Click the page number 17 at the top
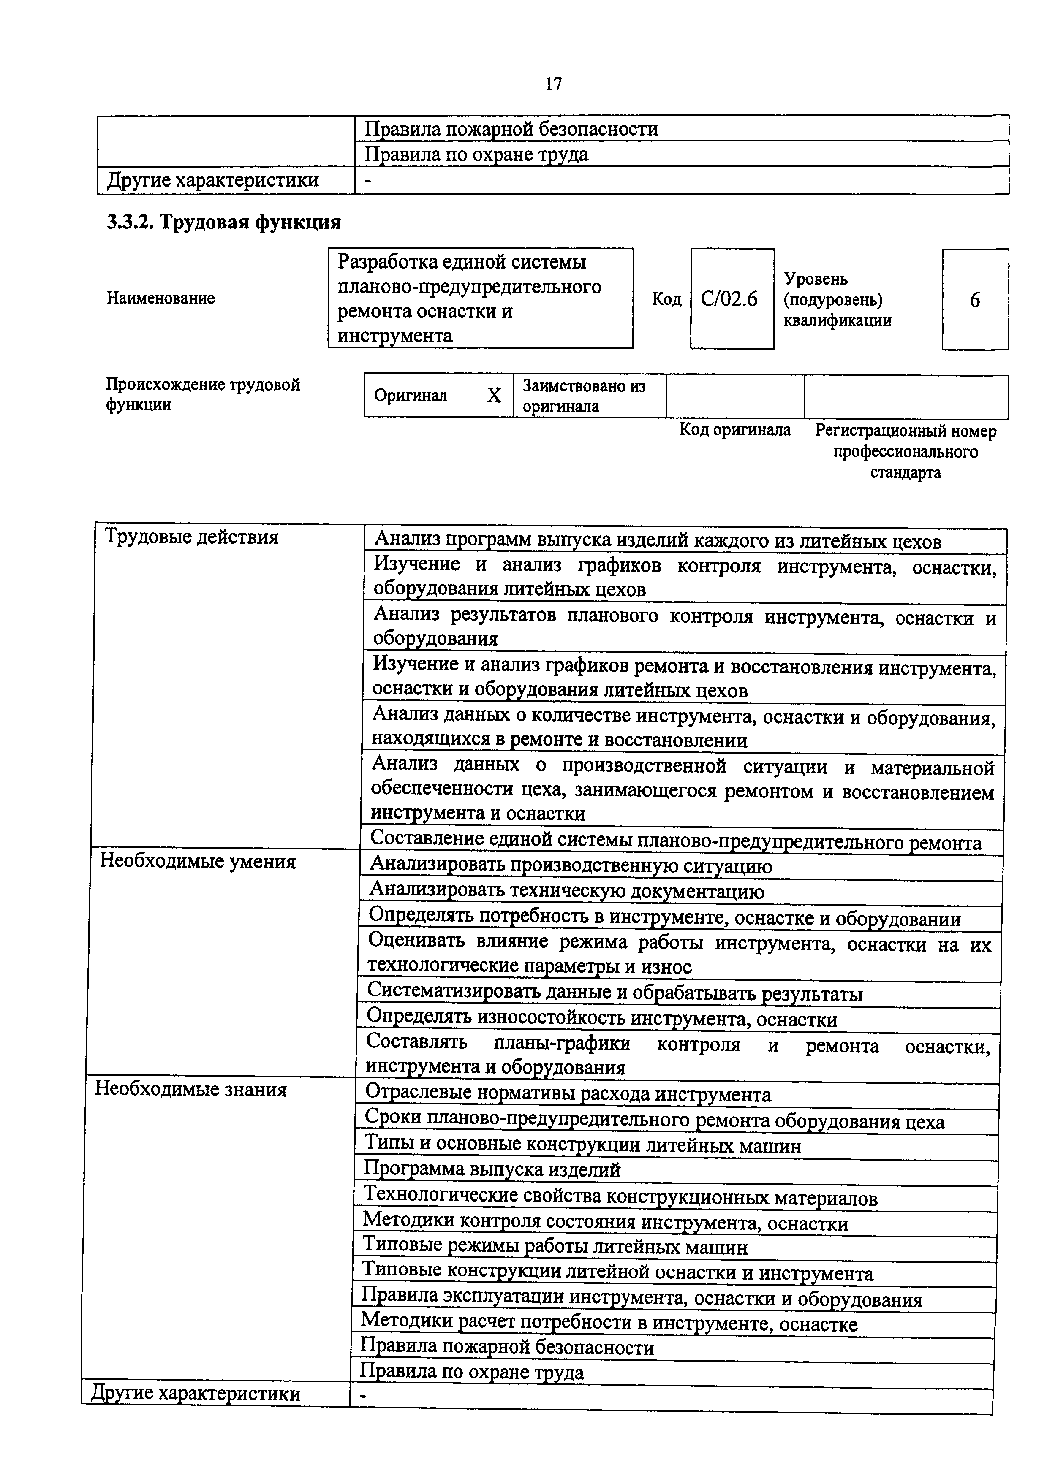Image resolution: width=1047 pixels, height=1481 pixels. pos(554,84)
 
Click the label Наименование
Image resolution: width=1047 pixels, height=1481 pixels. pos(160,298)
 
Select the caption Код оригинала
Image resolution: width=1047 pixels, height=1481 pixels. pos(735,430)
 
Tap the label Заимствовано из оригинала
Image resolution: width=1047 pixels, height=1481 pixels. pos(583,396)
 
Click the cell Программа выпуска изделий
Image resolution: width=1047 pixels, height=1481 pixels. pos(492,1169)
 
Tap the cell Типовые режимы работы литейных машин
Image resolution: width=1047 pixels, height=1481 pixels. pos(555,1247)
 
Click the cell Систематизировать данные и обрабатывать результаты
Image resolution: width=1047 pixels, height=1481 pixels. pos(614,993)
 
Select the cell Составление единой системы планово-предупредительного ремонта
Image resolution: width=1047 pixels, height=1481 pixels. pos(675,841)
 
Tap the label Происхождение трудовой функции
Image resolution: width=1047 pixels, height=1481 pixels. pos(203,395)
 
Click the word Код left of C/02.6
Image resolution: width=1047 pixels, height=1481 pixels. pos(666,299)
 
